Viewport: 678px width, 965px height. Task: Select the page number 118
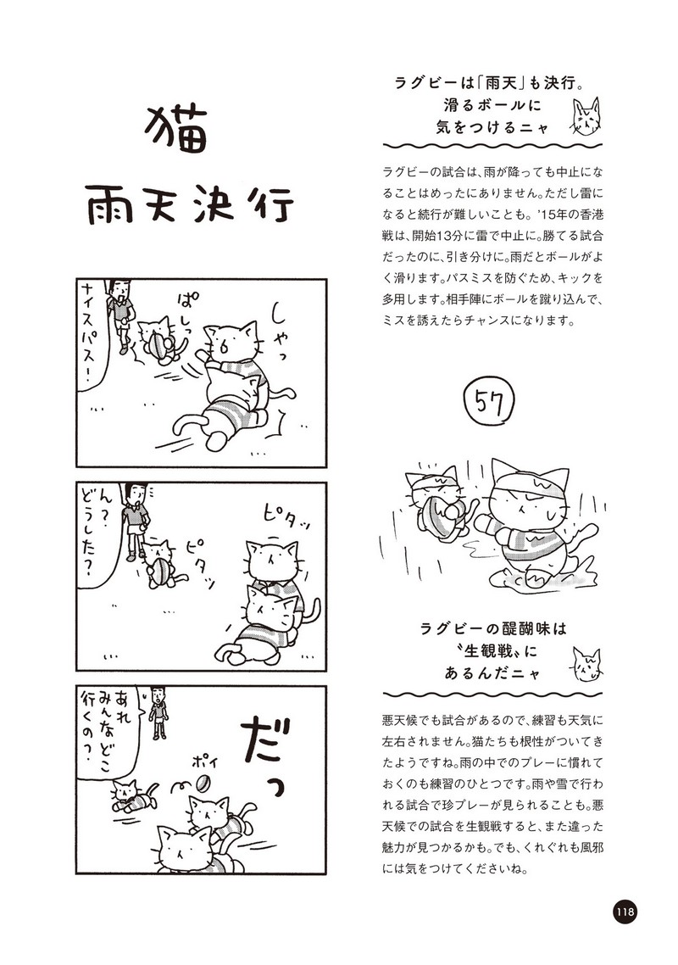coord(625,911)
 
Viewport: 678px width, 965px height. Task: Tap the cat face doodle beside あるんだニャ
coord(586,664)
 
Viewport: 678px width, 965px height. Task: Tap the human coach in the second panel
coord(134,520)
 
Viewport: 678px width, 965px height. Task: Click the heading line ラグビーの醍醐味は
coord(492,628)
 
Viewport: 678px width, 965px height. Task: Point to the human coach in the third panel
coord(158,712)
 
